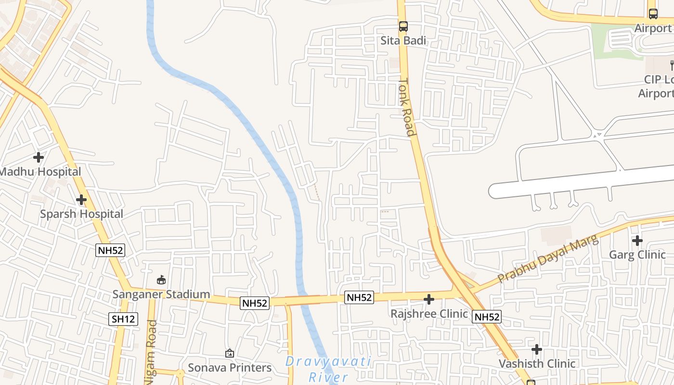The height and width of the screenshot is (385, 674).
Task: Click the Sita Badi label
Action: click(x=403, y=40)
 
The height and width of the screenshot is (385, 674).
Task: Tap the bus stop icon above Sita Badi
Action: click(x=403, y=26)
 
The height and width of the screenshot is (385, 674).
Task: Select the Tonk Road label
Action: click(x=407, y=107)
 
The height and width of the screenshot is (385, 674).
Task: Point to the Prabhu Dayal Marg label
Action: click(x=547, y=258)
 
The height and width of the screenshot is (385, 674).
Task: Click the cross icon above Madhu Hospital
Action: click(x=39, y=157)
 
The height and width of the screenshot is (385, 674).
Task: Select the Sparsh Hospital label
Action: click(x=81, y=214)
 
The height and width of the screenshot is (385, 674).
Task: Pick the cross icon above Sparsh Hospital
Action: click(x=81, y=199)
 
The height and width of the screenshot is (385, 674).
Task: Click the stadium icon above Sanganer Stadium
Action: click(x=161, y=280)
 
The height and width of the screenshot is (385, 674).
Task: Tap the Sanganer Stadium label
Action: click(x=161, y=294)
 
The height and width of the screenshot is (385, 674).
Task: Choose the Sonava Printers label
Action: click(x=230, y=368)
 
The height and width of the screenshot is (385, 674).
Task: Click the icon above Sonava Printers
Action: click(x=230, y=353)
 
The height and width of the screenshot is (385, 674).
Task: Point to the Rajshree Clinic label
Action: click(x=429, y=314)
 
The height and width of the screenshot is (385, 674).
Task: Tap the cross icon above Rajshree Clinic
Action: click(x=429, y=299)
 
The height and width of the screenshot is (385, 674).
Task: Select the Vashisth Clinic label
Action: click(x=537, y=363)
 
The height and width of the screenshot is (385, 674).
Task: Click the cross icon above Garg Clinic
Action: click(x=637, y=240)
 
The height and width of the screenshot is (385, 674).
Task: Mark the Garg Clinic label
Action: click(x=637, y=255)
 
